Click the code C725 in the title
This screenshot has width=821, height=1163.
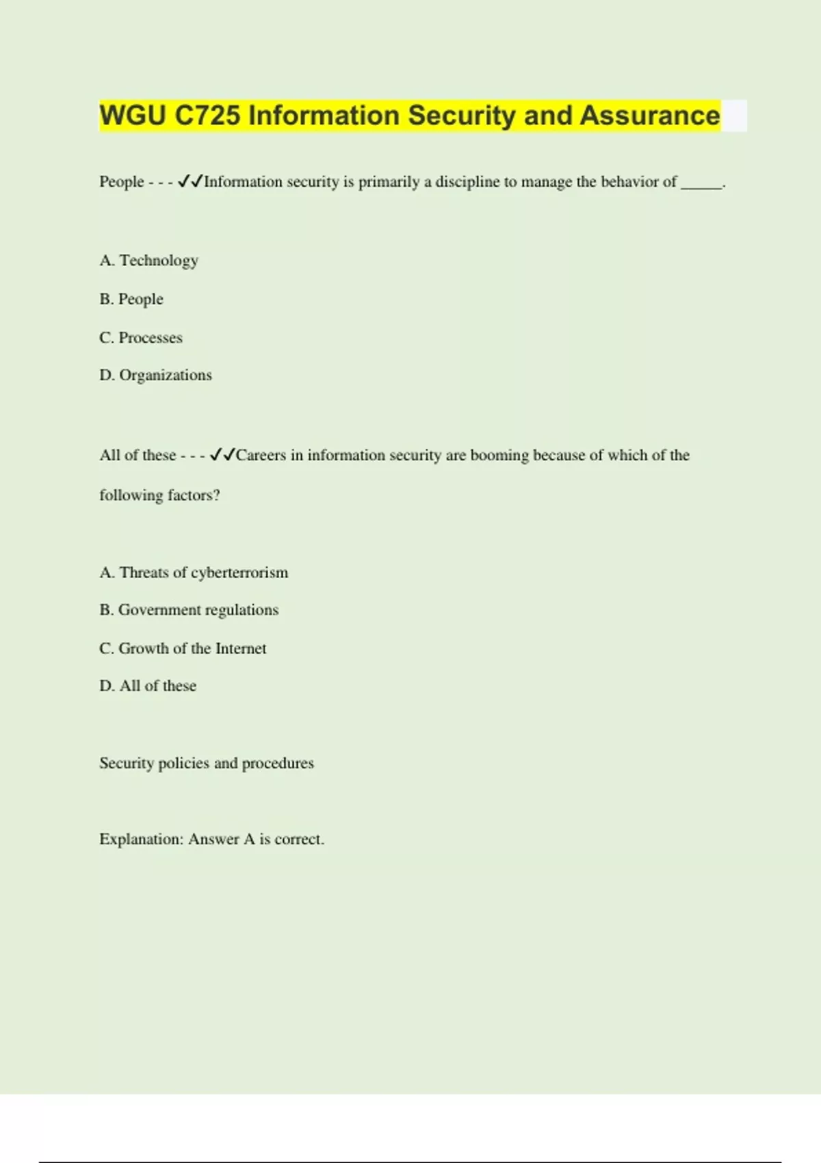point(207,116)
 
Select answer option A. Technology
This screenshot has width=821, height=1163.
point(148,261)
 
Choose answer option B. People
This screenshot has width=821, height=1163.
point(131,299)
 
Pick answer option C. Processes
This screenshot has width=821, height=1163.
point(141,337)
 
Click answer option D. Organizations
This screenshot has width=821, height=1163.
point(155,375)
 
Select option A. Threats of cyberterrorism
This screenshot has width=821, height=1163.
point(194,573)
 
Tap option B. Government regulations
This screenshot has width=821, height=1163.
point(189,610)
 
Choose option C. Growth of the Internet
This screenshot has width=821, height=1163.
point(183,648)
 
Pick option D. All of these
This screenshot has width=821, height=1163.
point(148,685)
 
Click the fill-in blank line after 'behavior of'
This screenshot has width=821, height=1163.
point(701,184)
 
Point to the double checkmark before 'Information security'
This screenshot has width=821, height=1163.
point(190,181)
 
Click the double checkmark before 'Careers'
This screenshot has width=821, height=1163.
point(222,455)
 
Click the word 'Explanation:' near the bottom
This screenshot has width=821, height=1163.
point(141,839)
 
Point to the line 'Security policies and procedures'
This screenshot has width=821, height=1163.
point(206,763)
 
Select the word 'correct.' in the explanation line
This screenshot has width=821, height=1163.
point(299,839)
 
